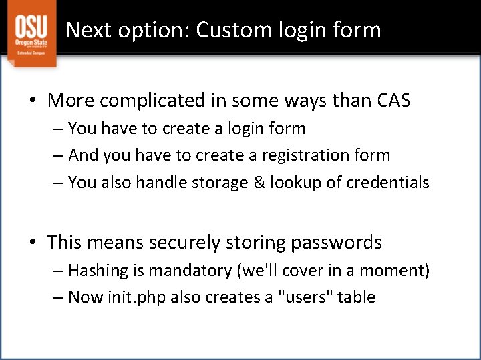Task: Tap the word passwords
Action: tap(336, 243)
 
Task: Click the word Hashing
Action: tap(96, 271)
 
